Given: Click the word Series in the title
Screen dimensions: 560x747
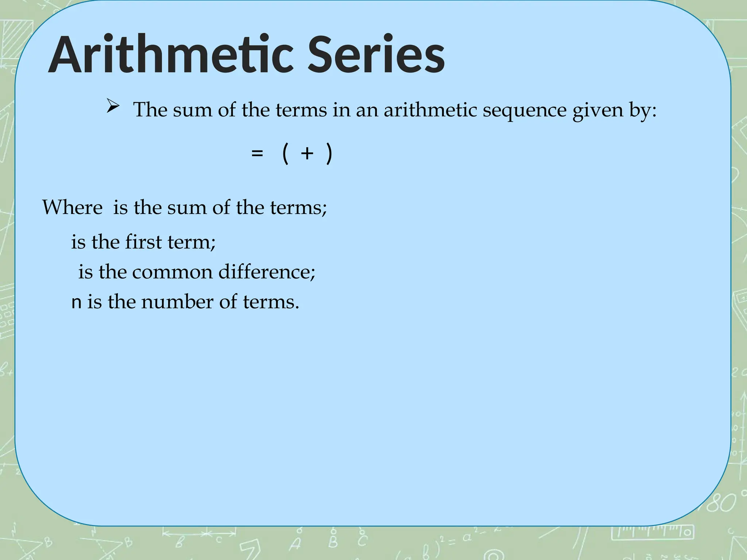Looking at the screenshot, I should [x=376, y=55].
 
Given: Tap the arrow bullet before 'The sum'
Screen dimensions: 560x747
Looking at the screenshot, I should [x=113, y=106].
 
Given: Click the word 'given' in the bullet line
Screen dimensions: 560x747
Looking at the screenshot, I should [x=597, y=110].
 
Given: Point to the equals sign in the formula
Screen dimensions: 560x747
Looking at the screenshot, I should [x=257, y=153].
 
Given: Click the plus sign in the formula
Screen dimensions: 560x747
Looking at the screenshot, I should [x=307, y=153].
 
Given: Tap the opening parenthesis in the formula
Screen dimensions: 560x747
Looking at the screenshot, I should [x=286, y=153].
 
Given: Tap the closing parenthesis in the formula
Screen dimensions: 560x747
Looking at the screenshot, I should [x=329, y=153].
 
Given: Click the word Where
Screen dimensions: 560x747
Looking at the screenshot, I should [x=72, y=207].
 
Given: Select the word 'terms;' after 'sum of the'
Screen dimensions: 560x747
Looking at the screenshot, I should [x=298, y=207].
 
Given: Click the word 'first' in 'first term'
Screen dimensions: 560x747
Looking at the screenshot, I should [x=143, y=242].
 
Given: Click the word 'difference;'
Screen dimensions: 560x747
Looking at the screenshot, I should [x=267, y=272].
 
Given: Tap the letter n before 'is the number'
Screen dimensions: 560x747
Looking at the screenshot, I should [x=76, y=303].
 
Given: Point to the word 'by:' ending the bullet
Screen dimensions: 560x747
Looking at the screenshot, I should [x=643, y=110].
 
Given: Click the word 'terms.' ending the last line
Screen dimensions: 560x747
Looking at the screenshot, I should [x=271, y=302].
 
